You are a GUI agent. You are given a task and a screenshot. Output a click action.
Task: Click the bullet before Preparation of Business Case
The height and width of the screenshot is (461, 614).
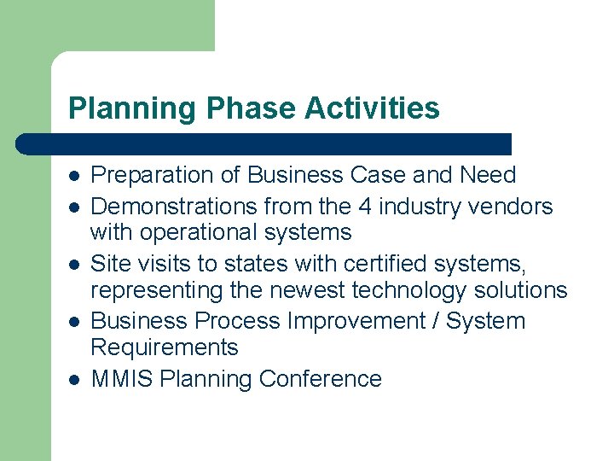tap(74, 176)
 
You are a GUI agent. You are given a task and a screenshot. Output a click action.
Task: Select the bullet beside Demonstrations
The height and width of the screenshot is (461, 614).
tap(74, 207)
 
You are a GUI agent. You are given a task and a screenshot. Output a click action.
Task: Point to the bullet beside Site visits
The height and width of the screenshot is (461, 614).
tap(74, 264)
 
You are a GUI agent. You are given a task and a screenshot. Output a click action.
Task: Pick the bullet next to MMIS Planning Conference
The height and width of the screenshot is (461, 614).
tap(74, 379)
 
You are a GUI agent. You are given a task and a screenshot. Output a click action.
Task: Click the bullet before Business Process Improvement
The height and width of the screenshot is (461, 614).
tap(74, 322)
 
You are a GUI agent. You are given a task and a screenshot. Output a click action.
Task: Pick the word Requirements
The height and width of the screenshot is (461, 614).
tap(164, 347)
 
